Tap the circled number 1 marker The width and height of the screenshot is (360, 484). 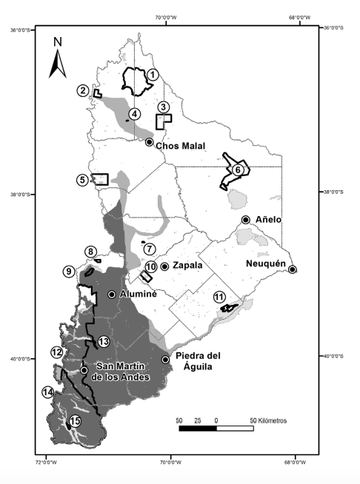152,74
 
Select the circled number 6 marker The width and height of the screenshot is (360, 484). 238,169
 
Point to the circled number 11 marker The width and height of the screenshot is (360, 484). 219,297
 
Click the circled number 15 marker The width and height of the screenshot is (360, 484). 74,422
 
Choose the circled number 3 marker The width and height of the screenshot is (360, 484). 164,107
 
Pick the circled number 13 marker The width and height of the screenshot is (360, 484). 103,341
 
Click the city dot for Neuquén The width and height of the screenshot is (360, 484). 293,269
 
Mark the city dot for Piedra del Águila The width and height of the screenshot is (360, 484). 165,360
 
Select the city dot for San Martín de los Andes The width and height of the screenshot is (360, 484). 84,370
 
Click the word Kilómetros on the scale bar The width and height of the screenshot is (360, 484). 270,420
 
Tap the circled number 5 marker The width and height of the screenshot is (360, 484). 81,180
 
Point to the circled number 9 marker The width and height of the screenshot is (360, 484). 68,272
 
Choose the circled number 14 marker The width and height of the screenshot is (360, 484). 48,392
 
